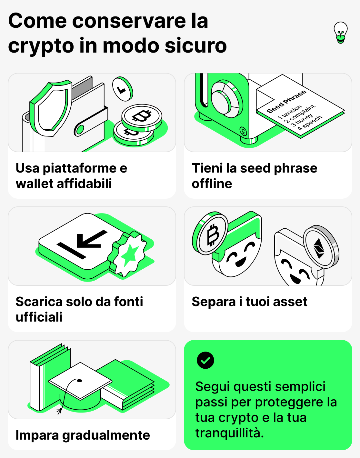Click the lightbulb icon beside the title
pos(341,32)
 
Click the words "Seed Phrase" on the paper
pos(286,102)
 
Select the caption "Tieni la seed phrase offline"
pos(254,176)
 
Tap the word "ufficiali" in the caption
pos(39,317)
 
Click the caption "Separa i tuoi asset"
pos(249,302)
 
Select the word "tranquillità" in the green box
pos(229,433)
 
